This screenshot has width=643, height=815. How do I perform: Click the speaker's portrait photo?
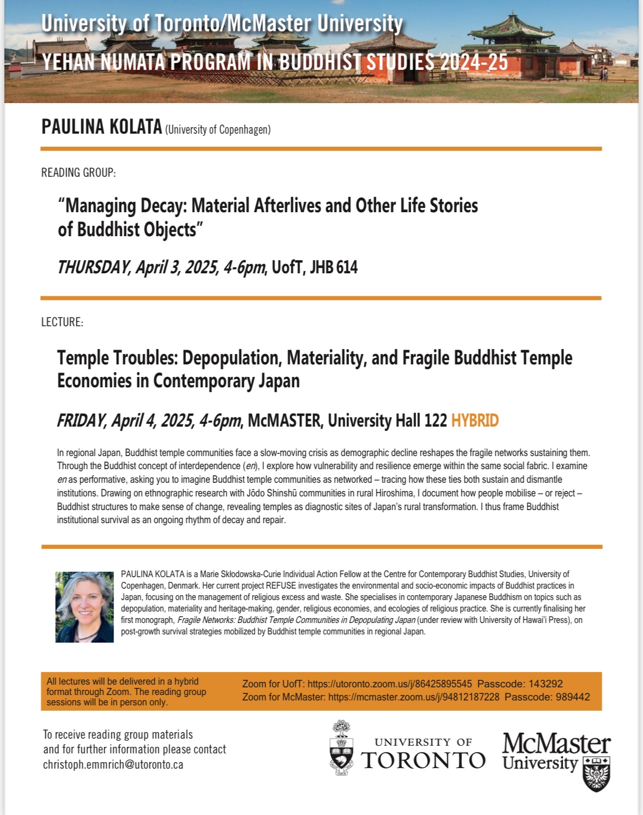click(85, 607)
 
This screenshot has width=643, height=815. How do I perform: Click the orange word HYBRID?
click(474, 421)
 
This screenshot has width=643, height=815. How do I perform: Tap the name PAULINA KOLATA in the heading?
click(101, 127)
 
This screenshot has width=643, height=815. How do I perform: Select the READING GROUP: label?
click(79, 173)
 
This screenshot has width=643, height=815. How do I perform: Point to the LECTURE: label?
click(62, 322)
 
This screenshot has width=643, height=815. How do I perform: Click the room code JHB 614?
click(333, 267)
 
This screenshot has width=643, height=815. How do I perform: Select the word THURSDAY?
click(93, 267)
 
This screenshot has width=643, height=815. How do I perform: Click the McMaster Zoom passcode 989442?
click(573, 697)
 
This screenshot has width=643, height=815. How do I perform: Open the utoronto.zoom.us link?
click(389, 684)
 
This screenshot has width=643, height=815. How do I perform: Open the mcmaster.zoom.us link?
click(413, 697)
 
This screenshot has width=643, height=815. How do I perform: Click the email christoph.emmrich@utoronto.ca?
click(113, 765)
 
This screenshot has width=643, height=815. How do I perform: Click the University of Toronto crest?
click(341, 748)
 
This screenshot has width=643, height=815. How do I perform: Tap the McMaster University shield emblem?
click(596, 774)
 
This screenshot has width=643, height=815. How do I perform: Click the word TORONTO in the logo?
click(423, 760)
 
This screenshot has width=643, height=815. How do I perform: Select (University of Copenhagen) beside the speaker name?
click(218, 130)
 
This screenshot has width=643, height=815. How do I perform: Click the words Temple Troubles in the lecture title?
click(117, 358)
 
